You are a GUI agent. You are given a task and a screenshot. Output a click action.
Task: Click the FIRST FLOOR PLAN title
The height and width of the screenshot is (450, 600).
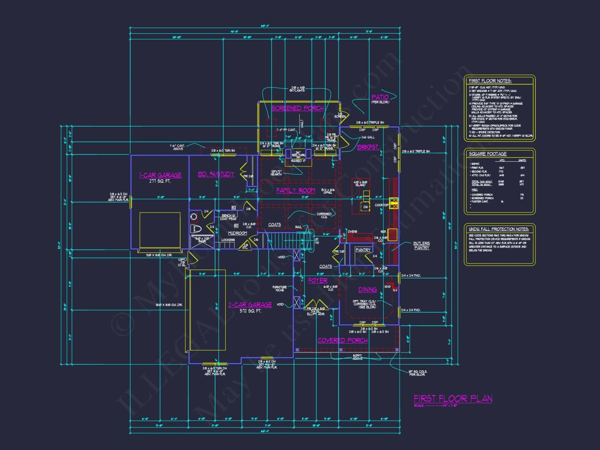(x=453, y=398)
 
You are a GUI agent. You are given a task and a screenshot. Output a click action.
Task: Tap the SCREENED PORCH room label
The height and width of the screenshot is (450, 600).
(x=298, y=108)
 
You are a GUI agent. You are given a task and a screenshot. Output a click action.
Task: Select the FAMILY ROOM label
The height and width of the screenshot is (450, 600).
(x=296, y=190)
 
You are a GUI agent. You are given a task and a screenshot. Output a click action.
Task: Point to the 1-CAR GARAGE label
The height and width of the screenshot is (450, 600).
(x=160, y=175)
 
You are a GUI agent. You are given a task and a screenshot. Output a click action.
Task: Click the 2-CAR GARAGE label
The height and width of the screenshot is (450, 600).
(x=250, y=305)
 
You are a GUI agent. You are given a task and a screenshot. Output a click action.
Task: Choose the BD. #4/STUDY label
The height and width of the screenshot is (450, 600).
(x=216, y=174)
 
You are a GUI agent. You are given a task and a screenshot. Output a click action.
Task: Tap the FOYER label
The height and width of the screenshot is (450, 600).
(x=318, y=280)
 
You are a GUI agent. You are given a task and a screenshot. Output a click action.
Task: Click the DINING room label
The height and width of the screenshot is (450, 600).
(x=367, y=289)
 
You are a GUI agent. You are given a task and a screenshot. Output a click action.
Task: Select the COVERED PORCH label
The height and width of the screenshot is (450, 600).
(x=343, y=340)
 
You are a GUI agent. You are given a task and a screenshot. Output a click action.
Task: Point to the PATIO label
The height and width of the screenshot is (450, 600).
(x=380, y=97)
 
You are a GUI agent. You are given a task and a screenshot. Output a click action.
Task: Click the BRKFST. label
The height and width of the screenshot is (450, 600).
(x=368, y=147)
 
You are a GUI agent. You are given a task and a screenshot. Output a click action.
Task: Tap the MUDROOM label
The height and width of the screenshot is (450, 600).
(x=238, y=233)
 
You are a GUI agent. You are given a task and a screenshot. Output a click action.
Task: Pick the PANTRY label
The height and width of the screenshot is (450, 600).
(x=363, y=250)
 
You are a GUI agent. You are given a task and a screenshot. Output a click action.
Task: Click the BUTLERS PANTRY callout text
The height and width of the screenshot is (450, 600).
(x=421, y=246)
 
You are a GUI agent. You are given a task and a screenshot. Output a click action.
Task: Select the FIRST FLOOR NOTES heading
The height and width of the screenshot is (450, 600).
(x=490, y=81)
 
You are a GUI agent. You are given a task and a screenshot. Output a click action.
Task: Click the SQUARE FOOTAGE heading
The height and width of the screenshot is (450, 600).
(x=488, y=154)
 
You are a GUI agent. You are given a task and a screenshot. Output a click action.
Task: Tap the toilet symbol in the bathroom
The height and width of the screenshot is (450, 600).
(x=196, y=229)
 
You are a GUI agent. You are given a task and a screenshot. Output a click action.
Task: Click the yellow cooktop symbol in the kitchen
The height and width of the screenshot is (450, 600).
(x=394, y=203)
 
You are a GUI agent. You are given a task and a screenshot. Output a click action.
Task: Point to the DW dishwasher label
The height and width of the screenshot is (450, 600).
(x=365, y=207)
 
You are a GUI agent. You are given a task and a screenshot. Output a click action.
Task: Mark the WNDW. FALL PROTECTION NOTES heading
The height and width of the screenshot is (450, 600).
(x=499, y=229)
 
